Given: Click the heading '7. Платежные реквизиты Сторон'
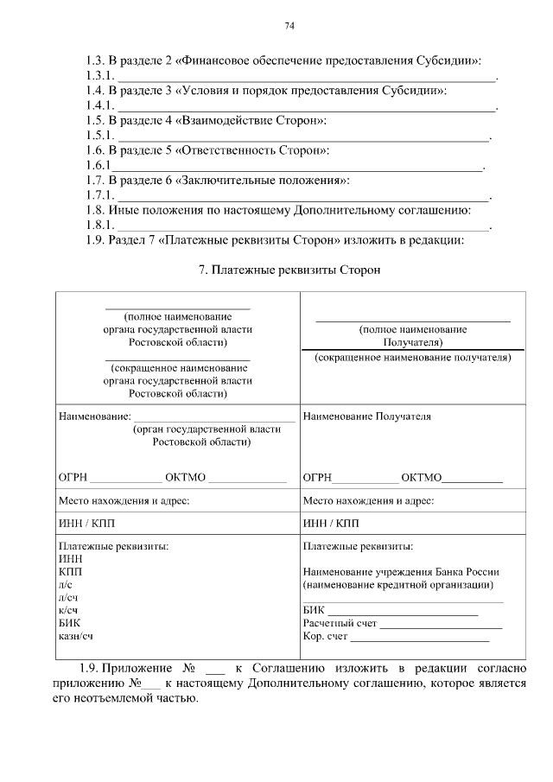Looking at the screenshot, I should tap(289, 270).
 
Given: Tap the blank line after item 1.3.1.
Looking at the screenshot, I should tap(306, 79).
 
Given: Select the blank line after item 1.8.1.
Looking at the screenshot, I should tap(302, 226).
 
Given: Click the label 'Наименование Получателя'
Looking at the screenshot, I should tap(367, 416).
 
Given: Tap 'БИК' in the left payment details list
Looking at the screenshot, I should tap(69, 621).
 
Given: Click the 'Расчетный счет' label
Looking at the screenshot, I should tap(340, 623).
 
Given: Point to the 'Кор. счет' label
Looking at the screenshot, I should tap(325, 637).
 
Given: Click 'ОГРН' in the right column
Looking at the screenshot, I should tap(318, 477).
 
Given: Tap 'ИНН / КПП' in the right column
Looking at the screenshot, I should tap(331, 524).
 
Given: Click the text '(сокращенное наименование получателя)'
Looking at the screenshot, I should tap(413, 357).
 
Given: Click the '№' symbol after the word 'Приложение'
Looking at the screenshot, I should tap(191, 668).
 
